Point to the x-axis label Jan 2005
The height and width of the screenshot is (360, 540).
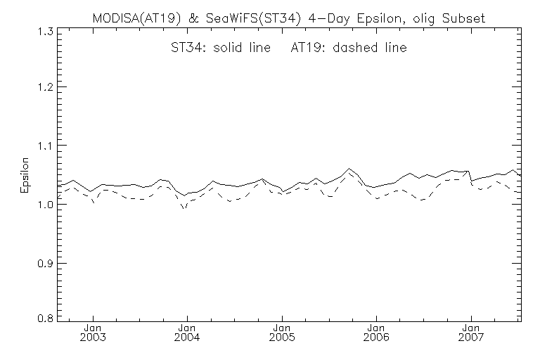click(282, 333)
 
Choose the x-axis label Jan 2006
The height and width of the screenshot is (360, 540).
click(376, 333)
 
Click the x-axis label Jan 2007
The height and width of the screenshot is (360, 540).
click(470, 333)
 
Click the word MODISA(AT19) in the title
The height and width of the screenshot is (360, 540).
click(134, 15)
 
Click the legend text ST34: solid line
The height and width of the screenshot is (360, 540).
click(222, 49)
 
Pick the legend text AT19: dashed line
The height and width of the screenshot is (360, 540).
click(349, 49)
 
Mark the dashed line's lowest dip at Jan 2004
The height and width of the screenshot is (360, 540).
click(184, 209)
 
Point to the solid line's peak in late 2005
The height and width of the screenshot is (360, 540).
click(349, 169)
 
